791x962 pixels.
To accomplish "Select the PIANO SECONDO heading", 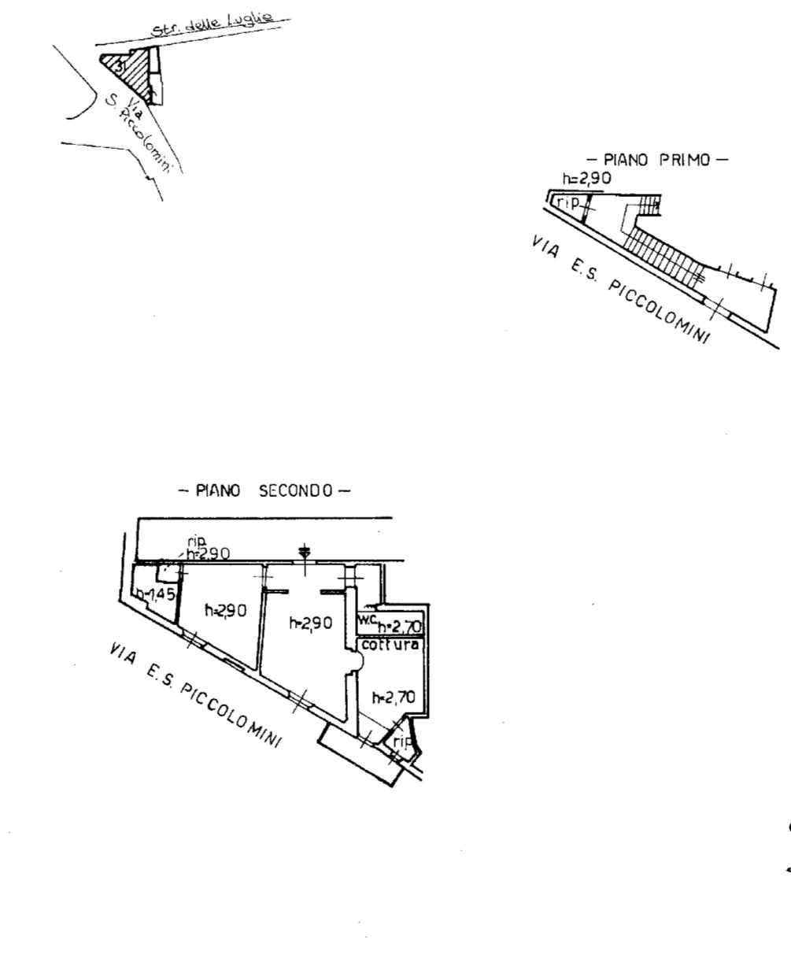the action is [x=264, y=491].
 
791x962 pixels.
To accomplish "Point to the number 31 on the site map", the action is [x=120, y=66].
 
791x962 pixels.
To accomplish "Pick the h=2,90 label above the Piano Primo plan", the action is [x=586, y=180].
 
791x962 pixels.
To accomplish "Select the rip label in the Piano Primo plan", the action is [x=567, y=202].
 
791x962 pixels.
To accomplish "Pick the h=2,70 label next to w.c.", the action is [x=400, y=627].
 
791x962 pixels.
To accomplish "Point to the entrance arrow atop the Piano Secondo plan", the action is [x=305, y=553].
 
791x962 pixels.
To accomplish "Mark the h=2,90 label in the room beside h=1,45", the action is [x=223, y=609].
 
